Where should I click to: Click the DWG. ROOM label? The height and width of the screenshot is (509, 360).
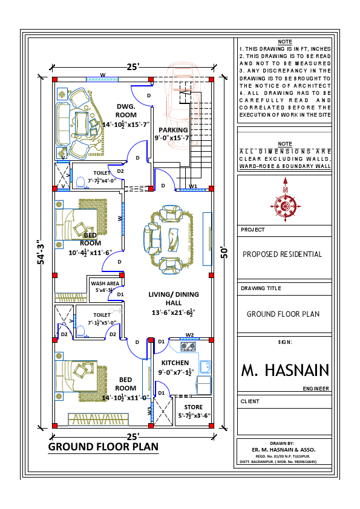tap(126, 110)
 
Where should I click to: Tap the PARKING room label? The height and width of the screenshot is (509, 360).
tap(173, 130)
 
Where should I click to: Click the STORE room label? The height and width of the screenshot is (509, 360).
tap(193, 407)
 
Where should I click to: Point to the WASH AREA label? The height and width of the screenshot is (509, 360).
tap(103, 282)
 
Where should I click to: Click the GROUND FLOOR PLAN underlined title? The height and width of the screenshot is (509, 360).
tap(103, 447)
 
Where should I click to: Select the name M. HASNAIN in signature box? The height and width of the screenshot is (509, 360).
tap(285, 370)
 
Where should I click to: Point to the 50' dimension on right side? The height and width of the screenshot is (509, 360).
tap(224, 251)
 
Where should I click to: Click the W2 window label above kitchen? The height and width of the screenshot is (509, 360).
tap(189, 334)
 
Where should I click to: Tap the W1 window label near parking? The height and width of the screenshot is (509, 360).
tap(193, 186)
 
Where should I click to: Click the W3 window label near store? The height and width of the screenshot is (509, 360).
tap(149, 411)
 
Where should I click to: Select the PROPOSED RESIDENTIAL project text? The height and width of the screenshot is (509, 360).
tap(282, 254)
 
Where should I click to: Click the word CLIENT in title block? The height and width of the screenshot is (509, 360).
tap(250, 401)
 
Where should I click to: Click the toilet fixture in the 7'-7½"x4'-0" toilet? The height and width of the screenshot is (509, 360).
tap(80, 180)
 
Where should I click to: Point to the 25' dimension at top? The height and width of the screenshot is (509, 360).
tap(133, 66)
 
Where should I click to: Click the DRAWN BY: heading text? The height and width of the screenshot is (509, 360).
tap(284, 443)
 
